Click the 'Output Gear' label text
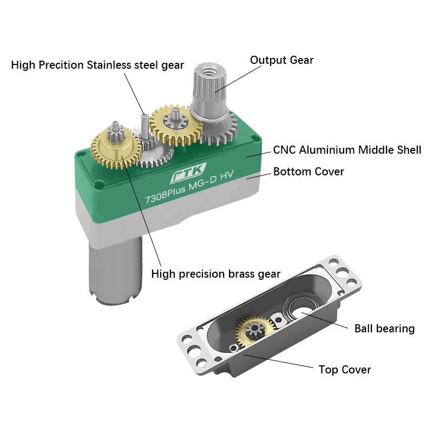pos(281,60)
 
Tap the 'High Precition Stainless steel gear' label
pos(97,65)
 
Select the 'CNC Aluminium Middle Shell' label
pos(347,150)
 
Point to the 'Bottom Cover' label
pos(309,172)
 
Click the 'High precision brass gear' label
pos(216,274)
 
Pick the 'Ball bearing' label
pos(384,329)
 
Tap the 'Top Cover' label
pos(345,370)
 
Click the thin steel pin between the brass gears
pos(145,127)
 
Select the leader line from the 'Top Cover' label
pos(281,363)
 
